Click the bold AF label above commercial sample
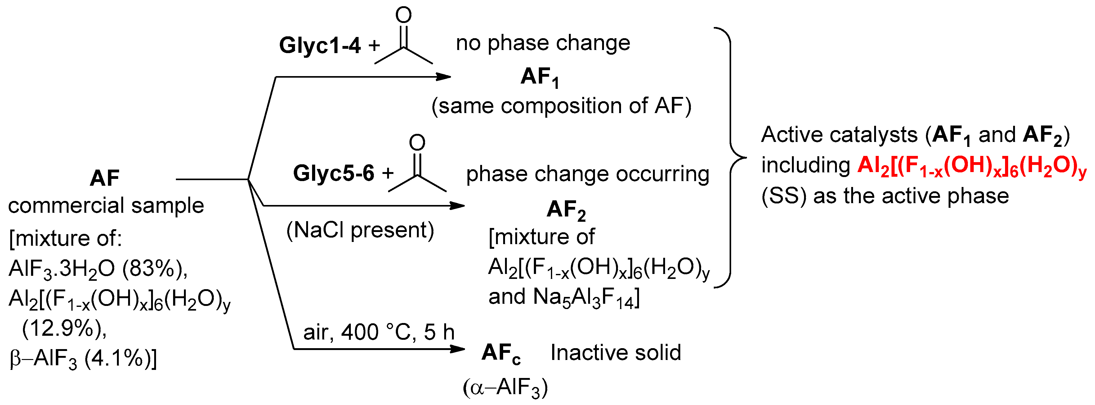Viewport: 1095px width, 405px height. pos(105,178)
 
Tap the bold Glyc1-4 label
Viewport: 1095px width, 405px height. pos(320,45)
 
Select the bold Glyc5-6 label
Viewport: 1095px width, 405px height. pos(334,173)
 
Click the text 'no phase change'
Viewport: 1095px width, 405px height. pos(543,43)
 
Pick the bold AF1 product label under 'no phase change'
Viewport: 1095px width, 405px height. pos(540,77)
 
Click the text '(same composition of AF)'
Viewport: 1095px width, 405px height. pos(561,106)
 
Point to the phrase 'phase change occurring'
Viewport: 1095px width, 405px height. pos(588,174)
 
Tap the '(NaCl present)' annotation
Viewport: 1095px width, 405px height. pos(360,230)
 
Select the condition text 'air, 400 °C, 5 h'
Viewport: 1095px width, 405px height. pos(378,332)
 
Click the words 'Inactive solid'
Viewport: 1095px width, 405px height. pos(615,353)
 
